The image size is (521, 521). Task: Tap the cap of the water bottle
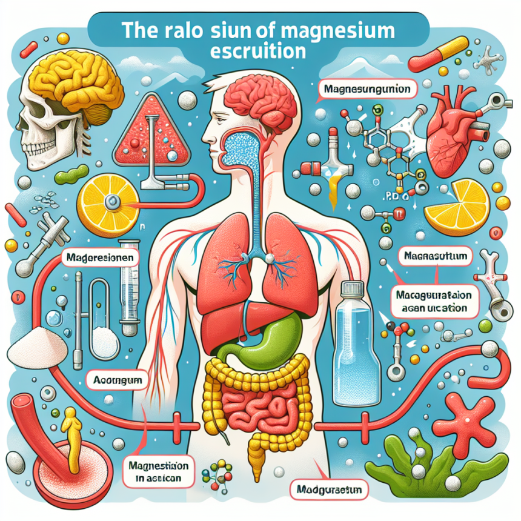(x=355, y=290)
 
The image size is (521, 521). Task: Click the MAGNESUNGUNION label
(x=365, y=91)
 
